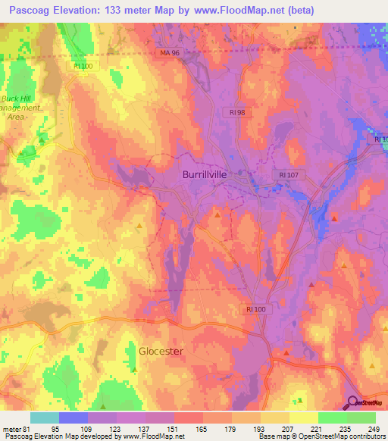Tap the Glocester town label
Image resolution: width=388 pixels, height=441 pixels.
point(161,351)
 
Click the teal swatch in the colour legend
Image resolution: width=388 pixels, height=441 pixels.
point(45,418)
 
